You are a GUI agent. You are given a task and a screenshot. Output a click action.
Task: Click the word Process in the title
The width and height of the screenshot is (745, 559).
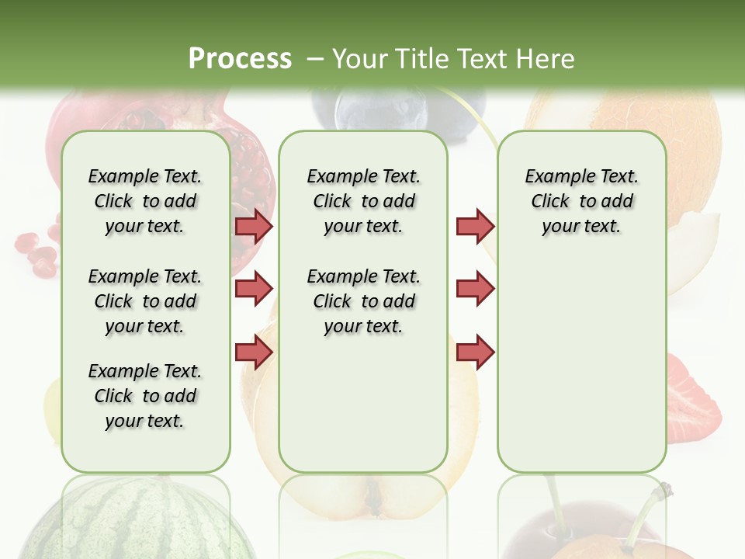(240, 58)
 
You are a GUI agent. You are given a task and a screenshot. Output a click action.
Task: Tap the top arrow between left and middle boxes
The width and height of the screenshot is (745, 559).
(254, 226)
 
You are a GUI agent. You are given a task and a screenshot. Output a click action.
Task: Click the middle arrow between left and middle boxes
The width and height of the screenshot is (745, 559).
(254, 289)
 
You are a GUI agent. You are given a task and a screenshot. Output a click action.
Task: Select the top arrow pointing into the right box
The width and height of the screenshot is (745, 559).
(475, 226)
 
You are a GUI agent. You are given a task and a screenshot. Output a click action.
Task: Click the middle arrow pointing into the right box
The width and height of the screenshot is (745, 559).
(475, 289)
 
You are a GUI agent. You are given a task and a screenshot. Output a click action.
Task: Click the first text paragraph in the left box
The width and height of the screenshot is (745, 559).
(145, 201)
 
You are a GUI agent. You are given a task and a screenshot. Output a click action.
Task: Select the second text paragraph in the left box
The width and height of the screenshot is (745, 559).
(145, 301)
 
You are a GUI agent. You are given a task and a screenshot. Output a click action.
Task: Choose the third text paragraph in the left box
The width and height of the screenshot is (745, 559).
(145, 396)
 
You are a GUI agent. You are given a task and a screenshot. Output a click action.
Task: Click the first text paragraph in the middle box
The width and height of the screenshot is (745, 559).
(363, 201)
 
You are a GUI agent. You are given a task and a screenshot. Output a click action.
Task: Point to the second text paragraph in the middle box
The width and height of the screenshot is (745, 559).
(363, 301)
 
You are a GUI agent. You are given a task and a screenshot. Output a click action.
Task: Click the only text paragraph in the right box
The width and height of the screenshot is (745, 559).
(581, 201)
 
